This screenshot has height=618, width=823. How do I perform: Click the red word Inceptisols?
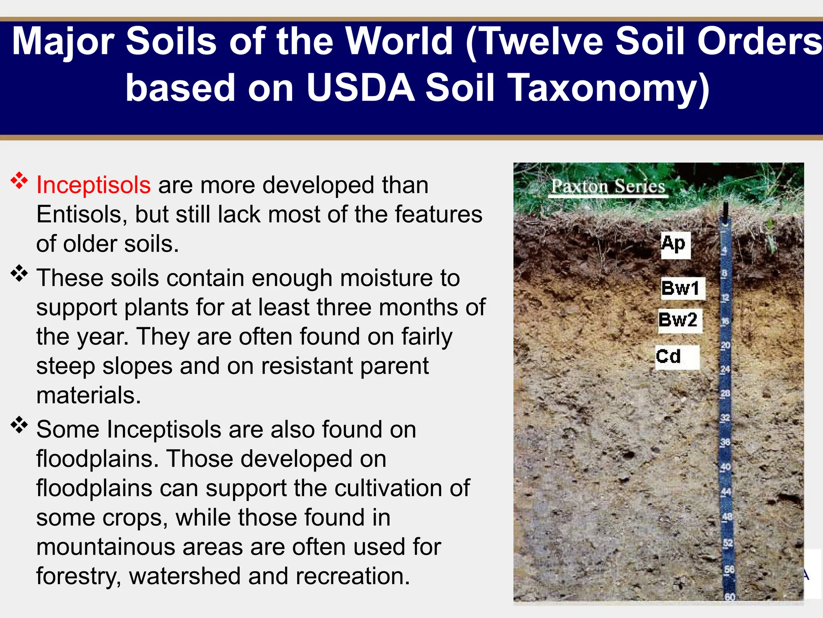pos(93,185)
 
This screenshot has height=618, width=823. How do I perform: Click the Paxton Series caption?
pos(608,186)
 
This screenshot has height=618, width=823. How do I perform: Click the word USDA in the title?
pos(360,88)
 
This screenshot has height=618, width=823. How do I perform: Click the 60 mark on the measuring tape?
pos(730,597)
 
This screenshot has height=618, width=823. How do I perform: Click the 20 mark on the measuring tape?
pos(725,345)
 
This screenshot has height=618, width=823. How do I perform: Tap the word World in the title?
pos(399,41)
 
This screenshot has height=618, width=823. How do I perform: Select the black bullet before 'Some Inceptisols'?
pos(19,425)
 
